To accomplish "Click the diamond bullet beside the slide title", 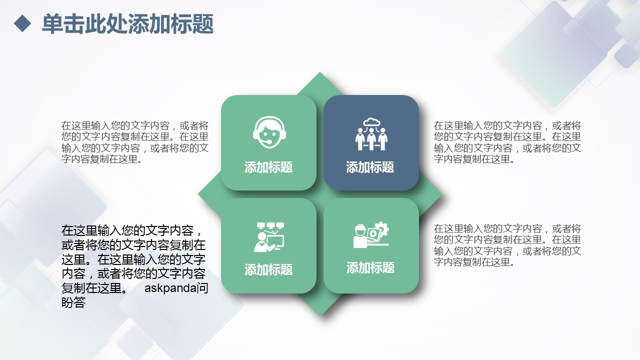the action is pyautogui.click(x=22, y=23).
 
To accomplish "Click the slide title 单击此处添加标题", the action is pyautogui.click(x=127, y=24).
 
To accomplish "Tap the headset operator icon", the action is pyautogui.click(x=269, y=132).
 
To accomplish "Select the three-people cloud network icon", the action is pyautogui.click(x=371, y=134).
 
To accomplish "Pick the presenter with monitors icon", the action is pyautogui.click(x=269, y=237).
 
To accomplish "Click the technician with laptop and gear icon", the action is pyautogui.click(x=371, y=235).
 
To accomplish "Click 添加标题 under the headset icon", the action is pyautogui.click(x=268, y=167).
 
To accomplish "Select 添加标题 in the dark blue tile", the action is pyautogui.click(x=370, y=167).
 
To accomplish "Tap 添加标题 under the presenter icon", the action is pyautogui.click(x=268, y=269).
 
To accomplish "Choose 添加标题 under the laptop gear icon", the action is pyautogui.click(x=370, y=267).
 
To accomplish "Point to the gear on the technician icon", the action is pyautogui.click(x=381, y=229).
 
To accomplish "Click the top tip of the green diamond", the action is pyautogui.click(x=319, y=72).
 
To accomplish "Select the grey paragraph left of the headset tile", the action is pyautogui.click(x=135, y=142).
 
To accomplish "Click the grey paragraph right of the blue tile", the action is pyautogui.click(x=507, y=142).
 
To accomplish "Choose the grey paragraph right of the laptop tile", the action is pyautogui.click(x=507, y=245).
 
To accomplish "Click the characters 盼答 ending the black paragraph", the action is pyautogui.click(x=73, y=302).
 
